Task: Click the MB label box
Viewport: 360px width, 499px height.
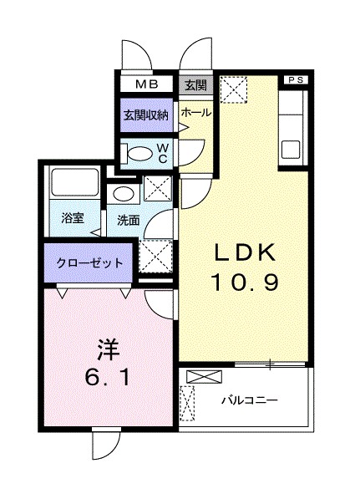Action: click(146, 84)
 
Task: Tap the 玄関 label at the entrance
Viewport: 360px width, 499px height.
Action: click(195, 84)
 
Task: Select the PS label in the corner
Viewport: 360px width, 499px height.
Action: click(297, 79)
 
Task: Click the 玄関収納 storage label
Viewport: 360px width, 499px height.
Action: click(146, 115)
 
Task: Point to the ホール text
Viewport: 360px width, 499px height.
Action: click(195, 111)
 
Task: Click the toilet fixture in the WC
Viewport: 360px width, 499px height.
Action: click(134, 152)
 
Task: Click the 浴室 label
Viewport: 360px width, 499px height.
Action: click(73, 219)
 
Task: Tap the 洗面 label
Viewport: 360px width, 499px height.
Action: click(128, 221)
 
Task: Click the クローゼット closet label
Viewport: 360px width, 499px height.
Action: click(89, 262)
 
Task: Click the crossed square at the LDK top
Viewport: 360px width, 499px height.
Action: click(236, 89)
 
